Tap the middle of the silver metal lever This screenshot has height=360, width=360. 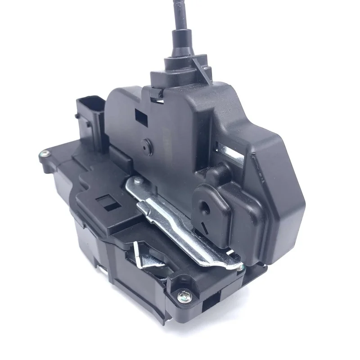(180, 220)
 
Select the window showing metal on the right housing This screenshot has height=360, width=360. (224, 148)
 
